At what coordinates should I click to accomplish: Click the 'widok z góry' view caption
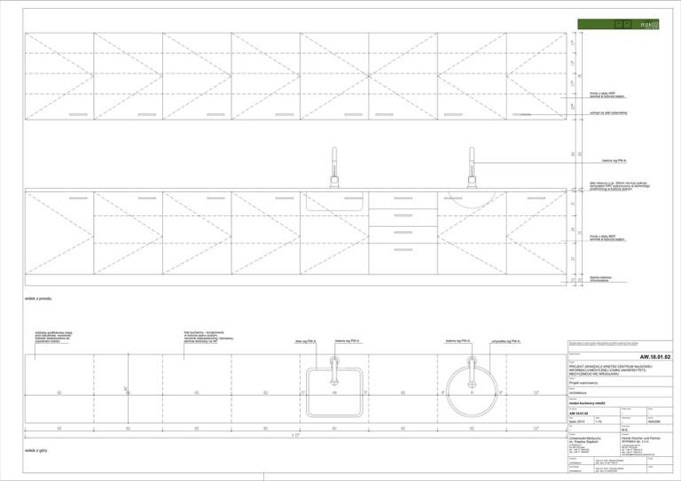click(36, 451)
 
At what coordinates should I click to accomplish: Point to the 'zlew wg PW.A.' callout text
click(306, 341)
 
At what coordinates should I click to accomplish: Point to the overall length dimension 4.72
click(295, 435)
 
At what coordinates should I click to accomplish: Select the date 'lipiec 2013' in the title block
click(564, 421)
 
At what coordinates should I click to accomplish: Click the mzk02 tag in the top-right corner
click(649, 24)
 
